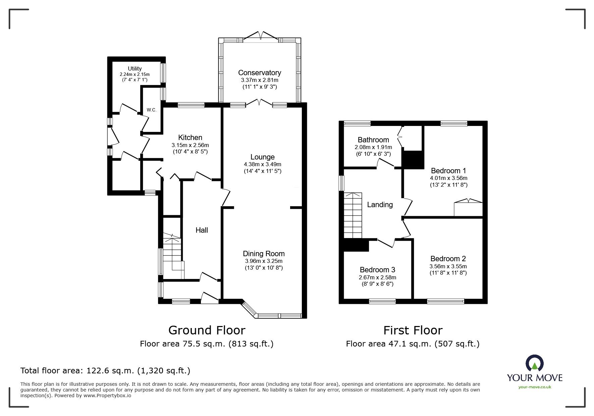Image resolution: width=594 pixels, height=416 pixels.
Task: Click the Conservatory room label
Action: click(259, 73)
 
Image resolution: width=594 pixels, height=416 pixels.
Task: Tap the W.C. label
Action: click(152, 110)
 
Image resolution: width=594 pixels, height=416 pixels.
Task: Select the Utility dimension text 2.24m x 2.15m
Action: click(134, 75)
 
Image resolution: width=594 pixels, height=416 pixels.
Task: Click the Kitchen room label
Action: click(190, 137)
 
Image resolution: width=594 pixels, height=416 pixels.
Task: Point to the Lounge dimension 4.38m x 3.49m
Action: click(262, 165)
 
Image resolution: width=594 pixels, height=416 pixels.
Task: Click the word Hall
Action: click(202, 230)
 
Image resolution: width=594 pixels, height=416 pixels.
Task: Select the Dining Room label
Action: click(264, 253)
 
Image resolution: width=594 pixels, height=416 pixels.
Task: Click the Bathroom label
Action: click(373, 140)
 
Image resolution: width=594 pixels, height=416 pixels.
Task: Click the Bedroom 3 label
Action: click(377, 270)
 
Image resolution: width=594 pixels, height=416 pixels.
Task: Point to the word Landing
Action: click(380, 204)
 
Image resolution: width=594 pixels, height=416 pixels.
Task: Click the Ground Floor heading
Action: click(207, 330)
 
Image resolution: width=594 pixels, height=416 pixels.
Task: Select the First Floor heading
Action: click(413, 330)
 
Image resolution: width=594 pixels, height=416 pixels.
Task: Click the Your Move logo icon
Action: click(534, 364)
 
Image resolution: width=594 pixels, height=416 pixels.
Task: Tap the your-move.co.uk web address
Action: click(535, 387)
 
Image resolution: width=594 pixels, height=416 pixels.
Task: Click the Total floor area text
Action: click(105, 371)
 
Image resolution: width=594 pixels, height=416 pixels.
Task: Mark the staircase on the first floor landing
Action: click(353, 215)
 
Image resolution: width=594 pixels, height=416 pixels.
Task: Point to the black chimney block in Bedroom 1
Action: click(412, 160)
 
